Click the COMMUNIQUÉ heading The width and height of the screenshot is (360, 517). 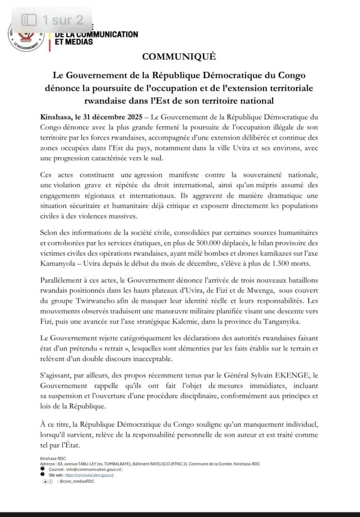click(179, 57)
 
